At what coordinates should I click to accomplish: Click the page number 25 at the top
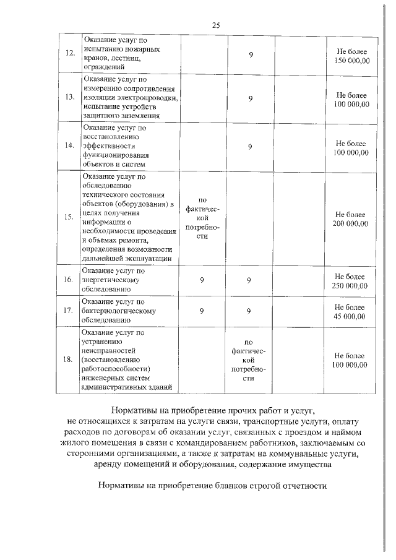click(x=216, y=25)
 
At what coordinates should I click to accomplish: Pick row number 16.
click(x=69, y=280)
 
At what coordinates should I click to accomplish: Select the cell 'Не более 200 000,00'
click(x=351, y=218)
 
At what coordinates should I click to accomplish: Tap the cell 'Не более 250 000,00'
click(x=351, y=280)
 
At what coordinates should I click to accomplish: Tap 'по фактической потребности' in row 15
click(x=202, y=218)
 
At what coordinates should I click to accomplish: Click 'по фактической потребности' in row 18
click(x=249, y=361)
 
